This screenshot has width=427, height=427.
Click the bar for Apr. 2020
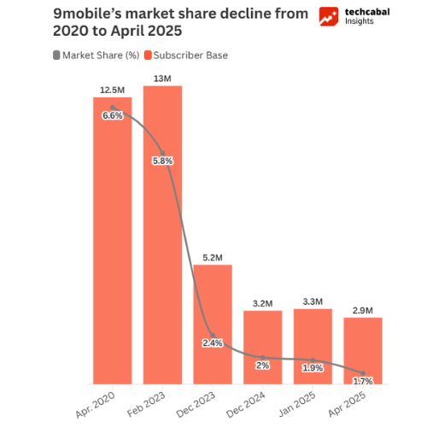pos(112,256)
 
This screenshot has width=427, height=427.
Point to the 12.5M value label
pos(112,88)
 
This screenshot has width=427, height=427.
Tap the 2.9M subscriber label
pos(363,310)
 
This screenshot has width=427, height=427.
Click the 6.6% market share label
pos(112,116)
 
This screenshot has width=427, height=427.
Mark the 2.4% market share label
pos(213,343)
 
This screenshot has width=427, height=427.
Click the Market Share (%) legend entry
pos(98,56)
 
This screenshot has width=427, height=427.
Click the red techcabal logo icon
pos(326,17)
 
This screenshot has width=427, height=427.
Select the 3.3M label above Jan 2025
pos(313,301)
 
